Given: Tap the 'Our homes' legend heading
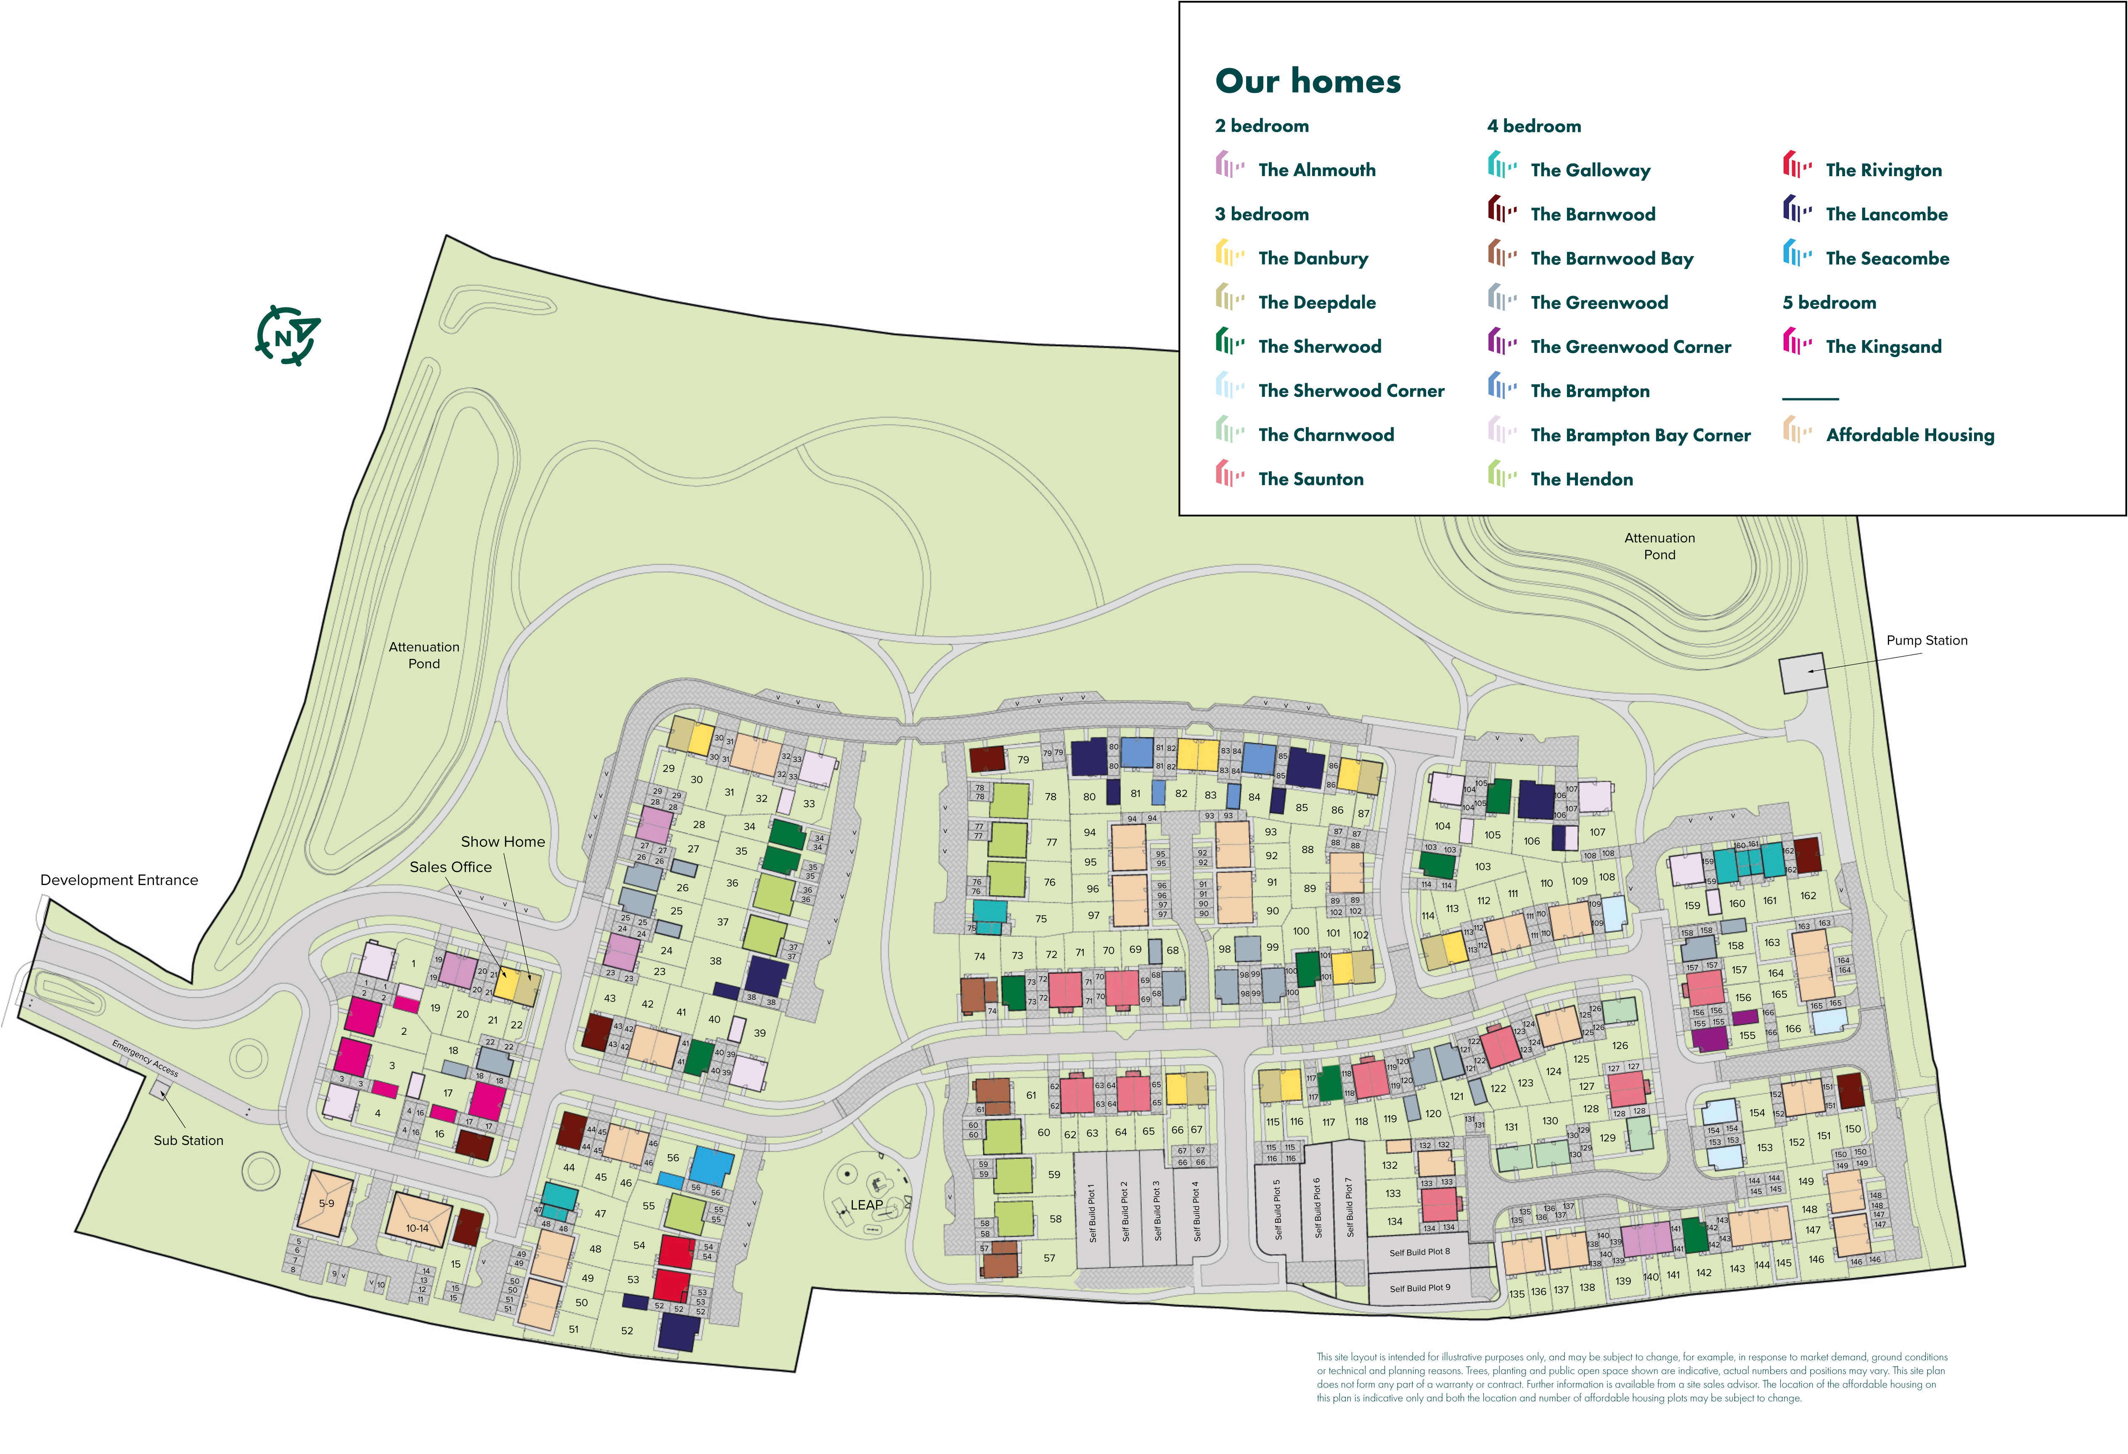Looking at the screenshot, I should click(x=1308, y=82).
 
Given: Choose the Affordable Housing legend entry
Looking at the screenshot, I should click(x=1909, y=435).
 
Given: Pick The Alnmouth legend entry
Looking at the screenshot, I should click(x=1316, y=170).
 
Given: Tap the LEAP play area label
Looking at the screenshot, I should click(x=866, y=1205).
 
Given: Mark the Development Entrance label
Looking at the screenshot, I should click(x=119, y=880).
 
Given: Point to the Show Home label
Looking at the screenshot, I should click(x=503, y=841).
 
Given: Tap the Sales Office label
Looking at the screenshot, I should click(x=450, y=867).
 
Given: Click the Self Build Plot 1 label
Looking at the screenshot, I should click(x=1091, y=1213).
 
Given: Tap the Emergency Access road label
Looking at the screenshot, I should click(x=145, y=1057).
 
